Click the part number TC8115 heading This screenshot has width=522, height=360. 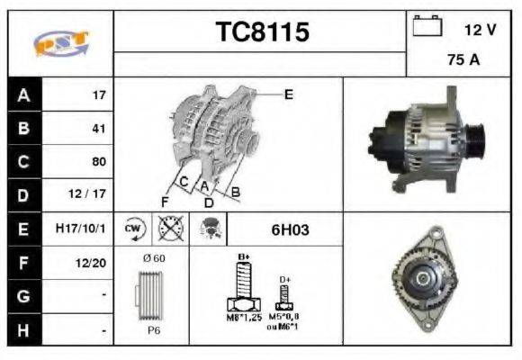click(262, 32)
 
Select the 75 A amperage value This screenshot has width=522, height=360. click(463, 60)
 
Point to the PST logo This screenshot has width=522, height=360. click(59, 43)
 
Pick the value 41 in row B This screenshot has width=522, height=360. click(98, 128)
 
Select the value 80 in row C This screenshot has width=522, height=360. click(98, 162)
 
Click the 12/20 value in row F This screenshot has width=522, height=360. click(94, 264)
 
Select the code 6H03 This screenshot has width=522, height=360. click(290, 230)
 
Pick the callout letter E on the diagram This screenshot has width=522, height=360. click(288, 94)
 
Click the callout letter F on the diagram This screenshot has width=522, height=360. click(165, 200)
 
